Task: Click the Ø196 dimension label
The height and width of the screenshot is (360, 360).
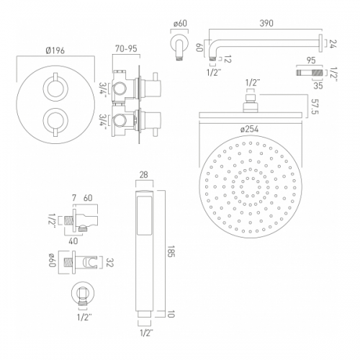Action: [x=55, y=50]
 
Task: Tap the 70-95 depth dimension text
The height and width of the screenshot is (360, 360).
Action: [x=126, y=48]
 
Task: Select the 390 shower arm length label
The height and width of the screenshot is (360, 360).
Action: [x=266, y=23]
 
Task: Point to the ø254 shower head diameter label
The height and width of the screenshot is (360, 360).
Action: [x=249, y=129]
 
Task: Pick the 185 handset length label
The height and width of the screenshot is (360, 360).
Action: [x=171, y=251]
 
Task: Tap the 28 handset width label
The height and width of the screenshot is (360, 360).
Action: [x=143, y=175]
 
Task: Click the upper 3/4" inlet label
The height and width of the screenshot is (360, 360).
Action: [x=104, y=88]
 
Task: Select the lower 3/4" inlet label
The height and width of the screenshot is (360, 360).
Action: [x=104, y=121]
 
